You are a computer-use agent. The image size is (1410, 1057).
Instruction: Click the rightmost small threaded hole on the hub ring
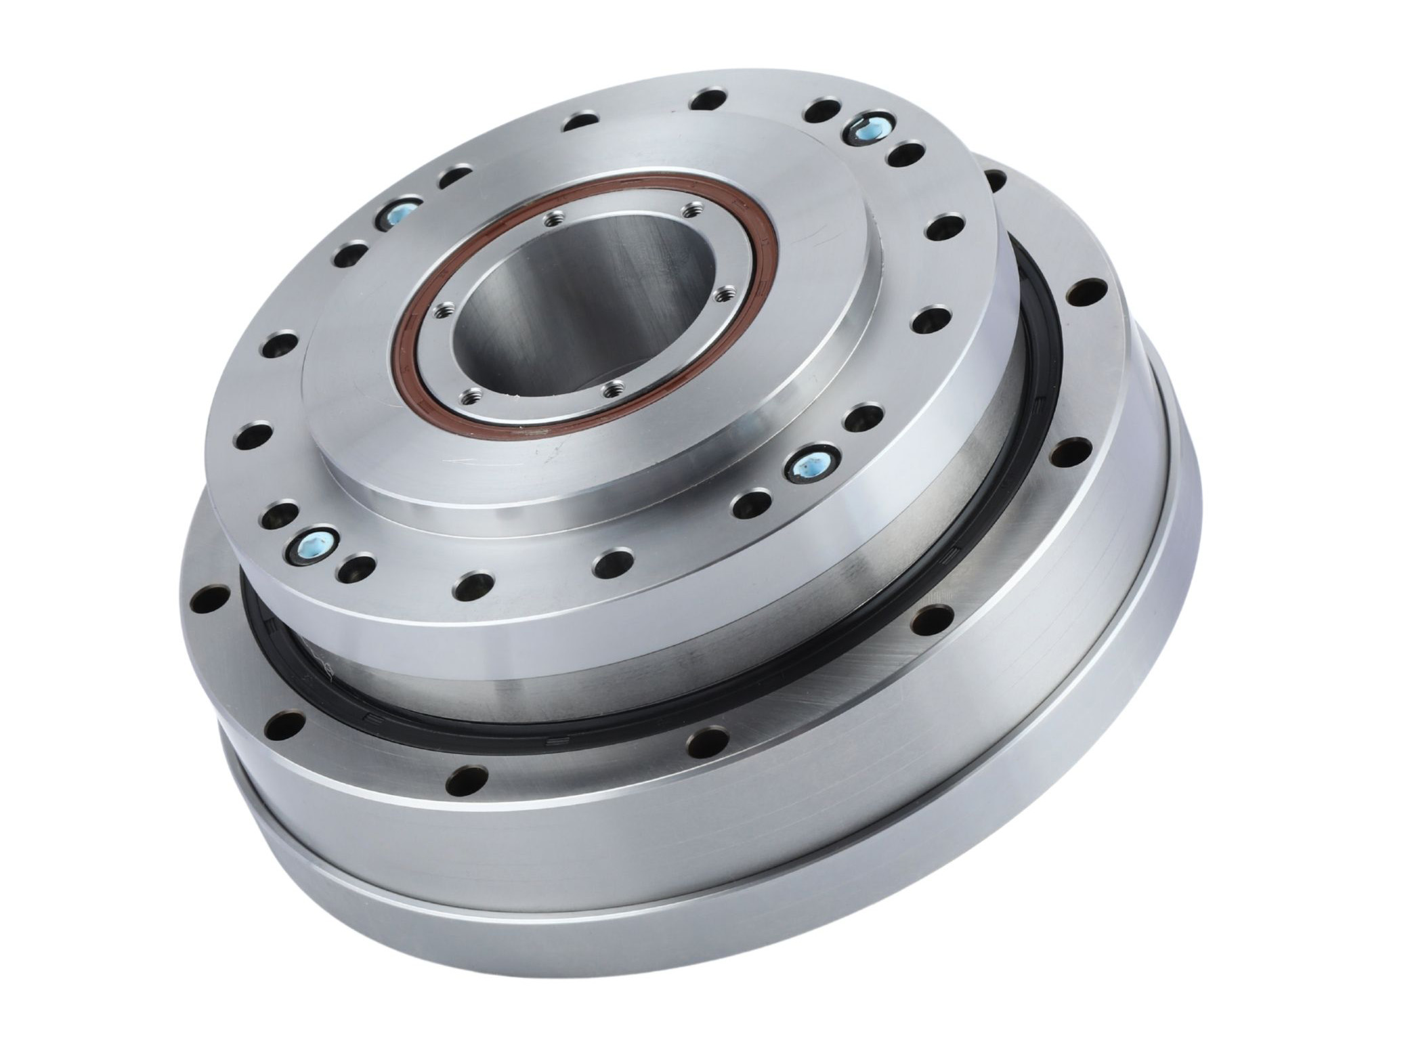[724, 293]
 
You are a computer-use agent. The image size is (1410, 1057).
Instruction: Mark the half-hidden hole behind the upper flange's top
[994, 177]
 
